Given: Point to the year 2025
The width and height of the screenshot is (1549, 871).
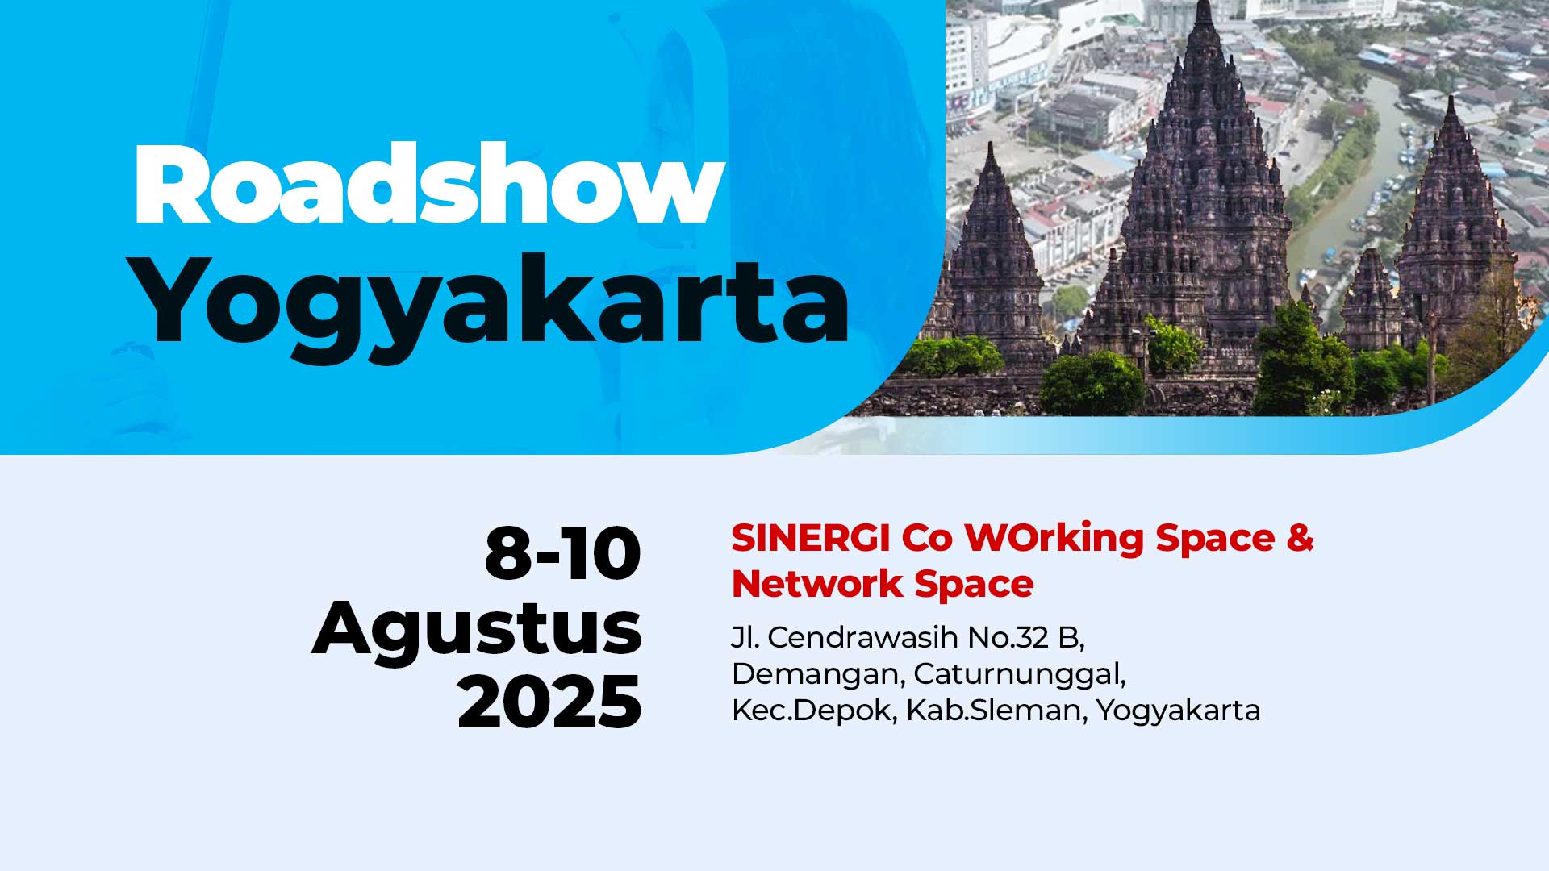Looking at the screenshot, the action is (x=549, y=702).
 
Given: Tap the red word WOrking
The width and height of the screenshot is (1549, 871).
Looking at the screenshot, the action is (x=1054, y=538).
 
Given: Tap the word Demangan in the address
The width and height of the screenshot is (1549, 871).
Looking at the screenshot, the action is (x=818, y=674).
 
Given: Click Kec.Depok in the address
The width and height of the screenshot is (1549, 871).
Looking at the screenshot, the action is (x=814, y=711).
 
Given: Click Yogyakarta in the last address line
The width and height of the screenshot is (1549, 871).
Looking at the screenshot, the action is (x=1178, y=711).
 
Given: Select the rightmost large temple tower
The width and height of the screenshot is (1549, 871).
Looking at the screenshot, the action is (x=1452, y=226).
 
